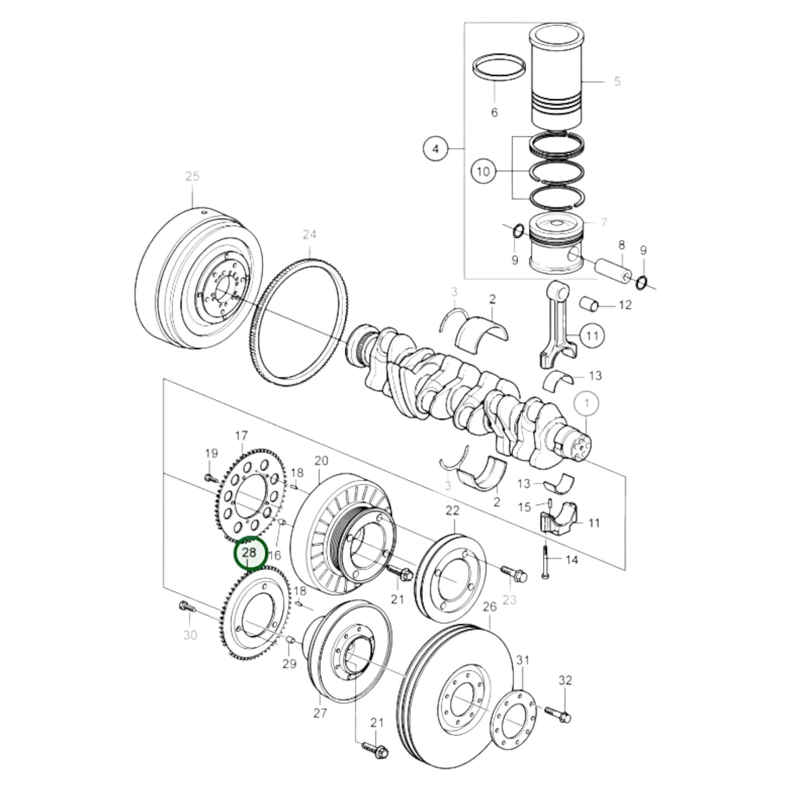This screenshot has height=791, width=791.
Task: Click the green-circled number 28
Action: point(250,553)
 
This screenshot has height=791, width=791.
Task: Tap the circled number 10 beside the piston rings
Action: point(483,171)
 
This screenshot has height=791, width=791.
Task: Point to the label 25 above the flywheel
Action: point(192,176)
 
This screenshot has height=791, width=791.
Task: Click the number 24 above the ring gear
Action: point(309,234)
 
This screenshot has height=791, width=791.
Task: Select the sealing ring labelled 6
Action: point(499,67)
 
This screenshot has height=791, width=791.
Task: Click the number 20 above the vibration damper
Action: point(321,460)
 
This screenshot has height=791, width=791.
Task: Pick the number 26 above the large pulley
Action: point(489,606)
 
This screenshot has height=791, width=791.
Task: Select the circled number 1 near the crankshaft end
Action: point(587,404)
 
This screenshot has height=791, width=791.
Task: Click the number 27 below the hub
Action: point(320,712)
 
